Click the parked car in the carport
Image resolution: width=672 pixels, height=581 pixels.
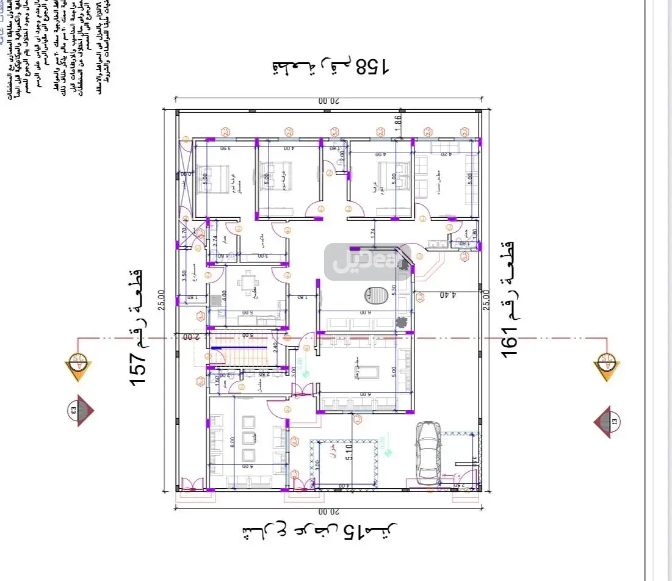click(x=428, y=452)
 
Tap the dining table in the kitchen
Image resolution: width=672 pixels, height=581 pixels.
click(x=247, y=283)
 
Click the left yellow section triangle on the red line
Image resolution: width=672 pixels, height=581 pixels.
click(x=78, y=367)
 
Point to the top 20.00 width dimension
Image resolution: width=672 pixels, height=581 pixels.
click(x=329, y=101)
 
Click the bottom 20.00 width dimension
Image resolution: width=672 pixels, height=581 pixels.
click(x=329, y=511)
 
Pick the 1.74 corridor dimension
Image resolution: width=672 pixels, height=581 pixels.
click(x=373, y=233)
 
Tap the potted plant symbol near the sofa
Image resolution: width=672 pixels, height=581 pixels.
click(x=401, y=321)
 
